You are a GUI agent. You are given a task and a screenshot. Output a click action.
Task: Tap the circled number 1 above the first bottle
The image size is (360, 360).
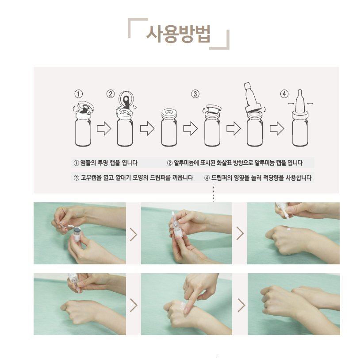(78, 94)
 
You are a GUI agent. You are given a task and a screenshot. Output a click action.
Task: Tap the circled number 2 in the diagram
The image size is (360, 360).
(111, 94)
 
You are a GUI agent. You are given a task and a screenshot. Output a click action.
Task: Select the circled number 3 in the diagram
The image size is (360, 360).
(195, 94)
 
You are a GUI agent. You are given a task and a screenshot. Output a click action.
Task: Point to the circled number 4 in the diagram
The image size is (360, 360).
(285, 94)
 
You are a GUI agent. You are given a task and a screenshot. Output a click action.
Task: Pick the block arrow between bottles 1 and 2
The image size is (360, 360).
(103, 129)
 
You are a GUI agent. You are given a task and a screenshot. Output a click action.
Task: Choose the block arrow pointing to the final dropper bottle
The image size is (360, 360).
(277, 129)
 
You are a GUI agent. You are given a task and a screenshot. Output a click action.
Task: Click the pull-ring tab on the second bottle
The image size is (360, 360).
(127, 100)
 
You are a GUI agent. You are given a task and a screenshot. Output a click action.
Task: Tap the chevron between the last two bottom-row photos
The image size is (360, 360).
(241, 305)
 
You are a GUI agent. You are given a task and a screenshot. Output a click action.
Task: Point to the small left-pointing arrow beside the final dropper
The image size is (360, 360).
(310, 104)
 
